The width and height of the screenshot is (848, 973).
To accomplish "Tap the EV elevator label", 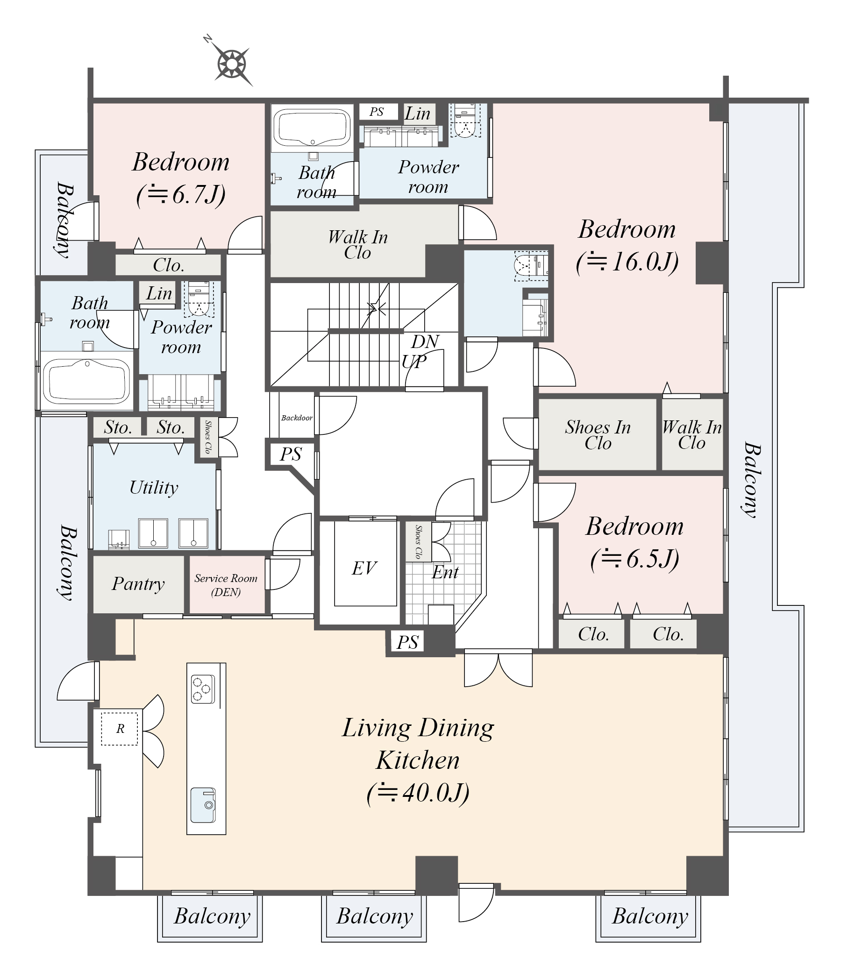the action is pyautogui.click(x=364, y=568).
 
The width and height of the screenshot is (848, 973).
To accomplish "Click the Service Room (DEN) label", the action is pyautogui.click(x=226, y=585).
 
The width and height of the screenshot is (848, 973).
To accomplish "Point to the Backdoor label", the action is pyautogui.click(x=297, y=418).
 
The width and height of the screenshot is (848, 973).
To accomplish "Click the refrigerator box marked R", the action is pyautogui.click(x=120, y=729).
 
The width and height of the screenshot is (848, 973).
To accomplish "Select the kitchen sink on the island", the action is pyautogui.click(x=203, y=805).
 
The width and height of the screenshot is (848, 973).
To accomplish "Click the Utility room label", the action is pyautogui.click(x=154, y=488).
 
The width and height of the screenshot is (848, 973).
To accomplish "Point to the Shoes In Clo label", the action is pyautogui.click(x=598, y=435).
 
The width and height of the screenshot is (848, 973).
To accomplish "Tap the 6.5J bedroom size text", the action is pyautogui.click(x=634, y=559).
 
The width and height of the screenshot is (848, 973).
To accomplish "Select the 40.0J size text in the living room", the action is pyautogui.click(x=418, y=793).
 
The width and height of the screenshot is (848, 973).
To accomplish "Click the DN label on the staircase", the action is pyautogui.click(x=425, y=341).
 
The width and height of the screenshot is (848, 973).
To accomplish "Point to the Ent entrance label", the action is pyautogui.click(x=445, y=572).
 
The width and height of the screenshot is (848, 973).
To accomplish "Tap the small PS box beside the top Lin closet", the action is pyautogui.click(x=377, y=112).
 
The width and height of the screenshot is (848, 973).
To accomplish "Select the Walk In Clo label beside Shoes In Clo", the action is pyautogui.click(x=691, y=435).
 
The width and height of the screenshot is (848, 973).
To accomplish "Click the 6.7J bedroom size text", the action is pyautogui.click(x=181, y=194).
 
